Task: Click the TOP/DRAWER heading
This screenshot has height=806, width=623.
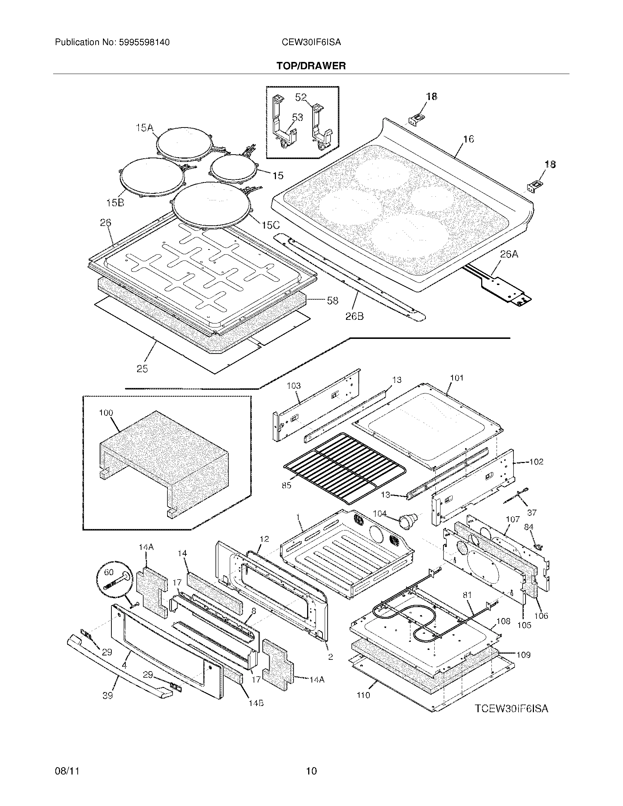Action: pos(311,66)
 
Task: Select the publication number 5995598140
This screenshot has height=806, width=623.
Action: pos(144,42)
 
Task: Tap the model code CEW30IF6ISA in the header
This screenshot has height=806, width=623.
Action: pos(311,42)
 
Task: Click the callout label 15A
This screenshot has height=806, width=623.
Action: pos(144,128)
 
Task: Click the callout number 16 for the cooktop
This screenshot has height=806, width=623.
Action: pos(468,139)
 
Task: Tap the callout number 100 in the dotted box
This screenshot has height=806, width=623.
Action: pos(106,413)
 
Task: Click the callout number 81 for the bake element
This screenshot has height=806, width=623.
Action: pos(467,595)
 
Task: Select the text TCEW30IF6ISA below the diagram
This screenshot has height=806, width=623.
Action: pos(511,709)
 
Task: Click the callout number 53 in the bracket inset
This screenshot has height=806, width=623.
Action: pos(298,117)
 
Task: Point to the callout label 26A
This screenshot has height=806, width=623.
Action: pos(509,254)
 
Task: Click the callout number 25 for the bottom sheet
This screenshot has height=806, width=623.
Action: pos(143,368)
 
